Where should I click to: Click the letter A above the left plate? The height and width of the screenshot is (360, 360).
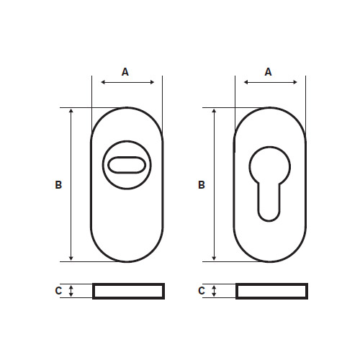(x=125, y=72)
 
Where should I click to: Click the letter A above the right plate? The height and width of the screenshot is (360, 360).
(x=268, y=72)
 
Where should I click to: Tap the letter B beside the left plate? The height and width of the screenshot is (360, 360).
(x=58, y=185)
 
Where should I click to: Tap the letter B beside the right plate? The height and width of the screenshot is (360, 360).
(x=202, y=185)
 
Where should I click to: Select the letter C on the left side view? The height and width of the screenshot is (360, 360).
(x=58, y=291)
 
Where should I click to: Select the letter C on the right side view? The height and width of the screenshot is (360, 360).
(x=202, y=291)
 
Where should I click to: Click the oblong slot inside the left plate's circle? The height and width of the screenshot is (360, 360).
(x=127, y=157)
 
